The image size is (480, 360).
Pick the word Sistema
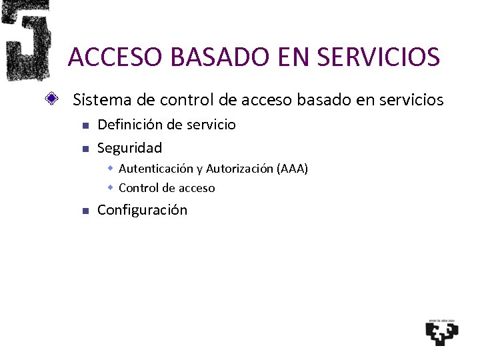(97, 100)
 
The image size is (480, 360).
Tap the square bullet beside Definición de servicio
(84, 125)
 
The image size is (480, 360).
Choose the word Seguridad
(129, 147)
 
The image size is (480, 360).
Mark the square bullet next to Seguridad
(84, 148)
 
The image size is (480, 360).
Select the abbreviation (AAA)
(292, 169)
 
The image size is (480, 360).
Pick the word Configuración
(142, 210)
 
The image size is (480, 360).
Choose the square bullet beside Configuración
(84, 211)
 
